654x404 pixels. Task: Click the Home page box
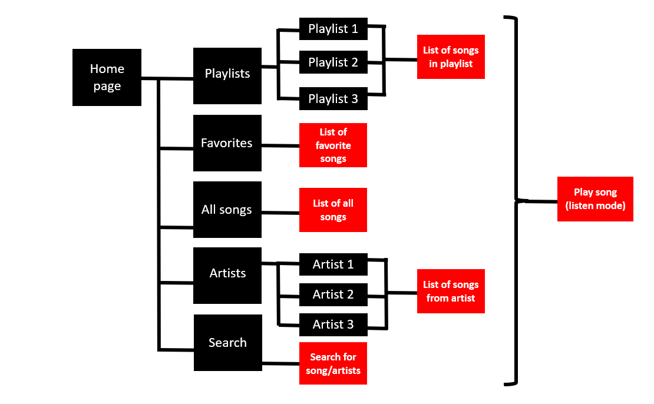[x=107, y=77]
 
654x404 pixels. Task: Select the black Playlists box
[x=227, y=74]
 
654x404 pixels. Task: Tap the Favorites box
[x=227, y=143]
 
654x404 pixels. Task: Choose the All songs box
[x=227, y=210]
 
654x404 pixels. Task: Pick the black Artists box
[x=227, y=273]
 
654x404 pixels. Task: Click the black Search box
[x=227, y=343]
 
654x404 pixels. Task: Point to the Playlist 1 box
[x=333, y=29]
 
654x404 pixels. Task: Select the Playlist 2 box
[x=333, y=62]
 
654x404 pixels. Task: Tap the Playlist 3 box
[x=333, y=98]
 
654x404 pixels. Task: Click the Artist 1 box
[x=333, y=264]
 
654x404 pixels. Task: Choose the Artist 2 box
[x=333, y=294]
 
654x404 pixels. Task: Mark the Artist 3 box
[x=333, y=324]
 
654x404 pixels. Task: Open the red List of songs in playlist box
[x=451, y=57]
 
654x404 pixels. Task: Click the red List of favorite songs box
[x=333, y=145]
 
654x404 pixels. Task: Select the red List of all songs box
[x=333, y=210]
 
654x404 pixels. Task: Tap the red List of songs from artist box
[x=451, y=291]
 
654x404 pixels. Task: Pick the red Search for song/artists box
[x=333, y=363]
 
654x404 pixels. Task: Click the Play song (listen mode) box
[x=595, y=199]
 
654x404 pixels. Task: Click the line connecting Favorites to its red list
[x=280, y=145]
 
